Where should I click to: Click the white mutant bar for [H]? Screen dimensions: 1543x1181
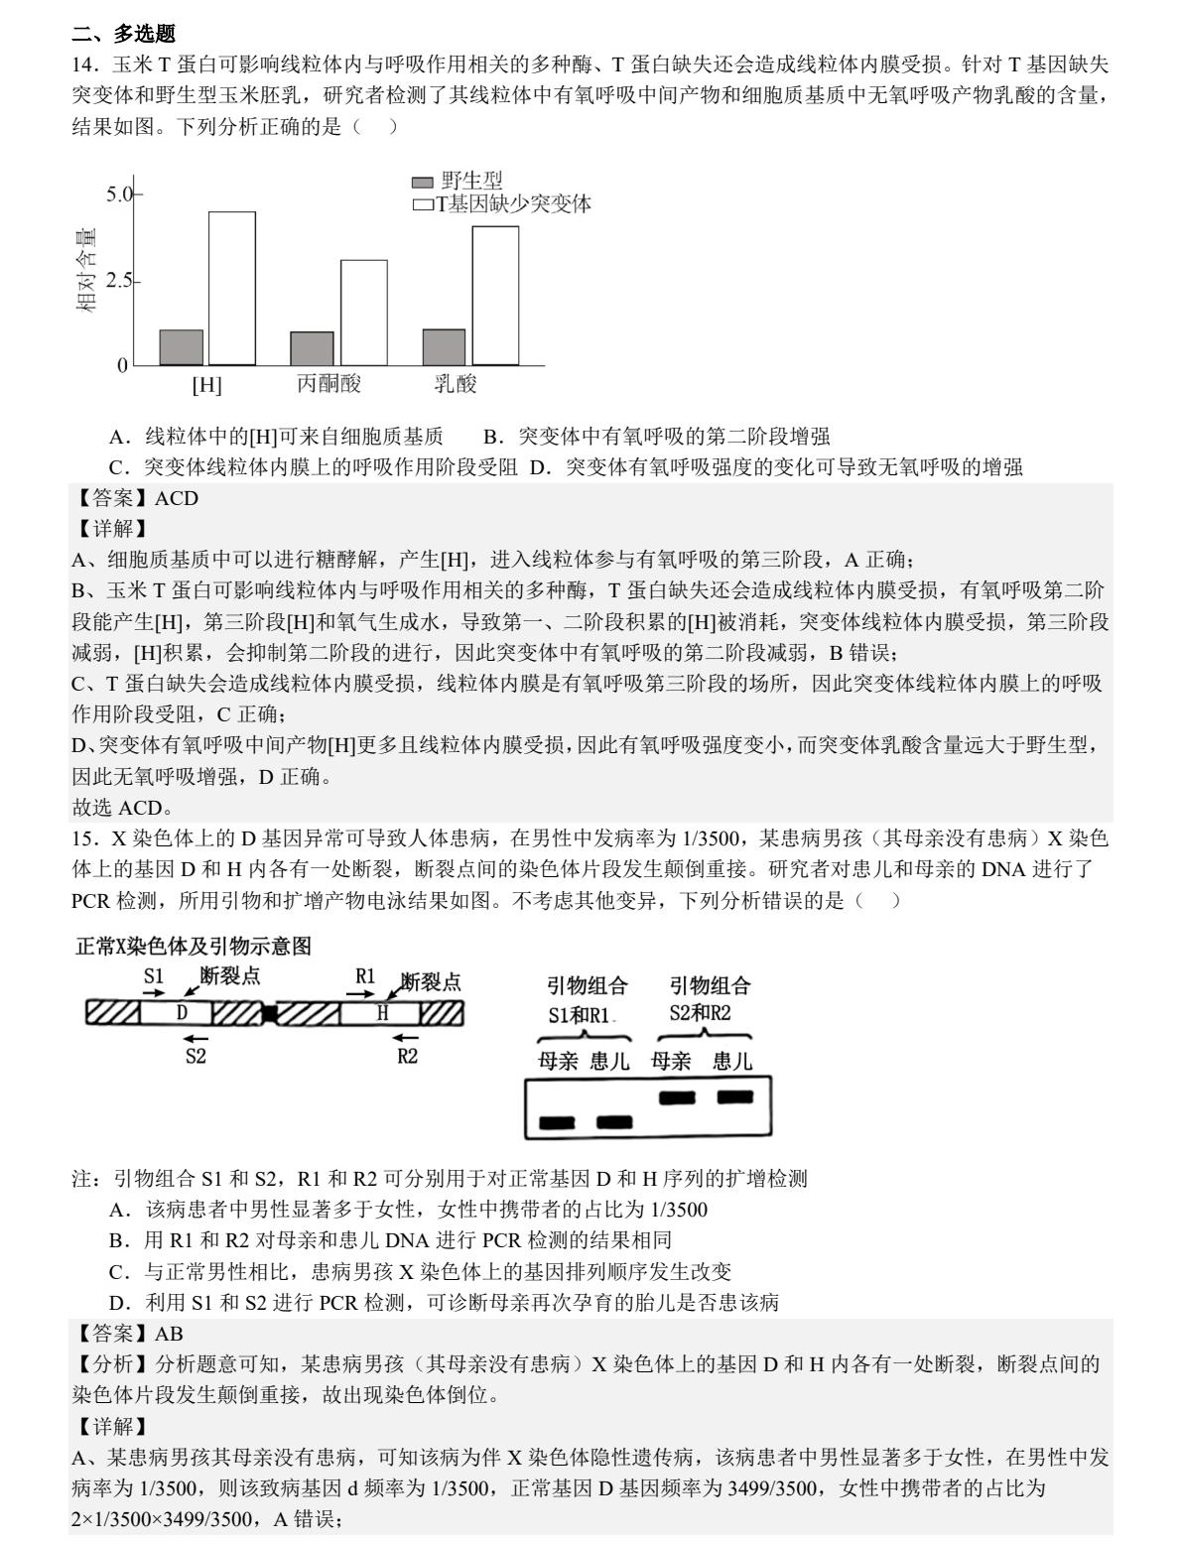click(x=231, y=288)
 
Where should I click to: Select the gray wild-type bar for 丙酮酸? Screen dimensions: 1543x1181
click(x=312, y=348)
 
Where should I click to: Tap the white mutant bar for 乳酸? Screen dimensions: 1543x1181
click(x=495, y=296)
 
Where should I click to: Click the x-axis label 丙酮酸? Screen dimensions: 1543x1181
click(x=328, y=384)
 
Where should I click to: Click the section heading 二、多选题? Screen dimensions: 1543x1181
click(x=124, y=34)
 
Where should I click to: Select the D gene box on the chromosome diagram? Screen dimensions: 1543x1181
click(x=182, y=1013)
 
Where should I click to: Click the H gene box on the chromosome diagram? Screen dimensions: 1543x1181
click(x=382, y=1013)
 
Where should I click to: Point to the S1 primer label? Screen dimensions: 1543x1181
click(x=153, y=976)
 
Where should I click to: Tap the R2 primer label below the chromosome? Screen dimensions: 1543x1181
click(x=407, y=1056)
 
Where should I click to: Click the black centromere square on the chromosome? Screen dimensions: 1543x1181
click(x=269, y=1013)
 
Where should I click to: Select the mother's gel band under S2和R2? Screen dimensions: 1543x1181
click(x=677, y=1097)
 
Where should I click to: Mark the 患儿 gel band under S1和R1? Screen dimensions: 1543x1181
click(x=614, y=1123)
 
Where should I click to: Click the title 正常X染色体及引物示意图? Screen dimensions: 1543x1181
click(x=194, y=946)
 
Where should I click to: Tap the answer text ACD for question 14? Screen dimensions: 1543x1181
click(x=177, y=498)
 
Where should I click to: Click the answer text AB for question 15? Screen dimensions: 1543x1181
click(x=169, y=1334)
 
